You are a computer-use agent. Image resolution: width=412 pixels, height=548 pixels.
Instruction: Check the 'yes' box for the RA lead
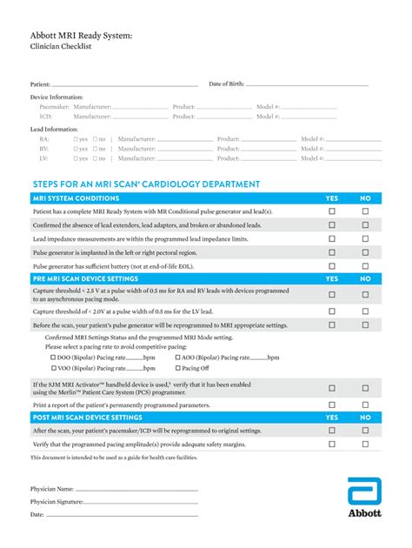(76, 138)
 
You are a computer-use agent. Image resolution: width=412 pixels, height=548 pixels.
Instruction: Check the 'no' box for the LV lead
(95, 158)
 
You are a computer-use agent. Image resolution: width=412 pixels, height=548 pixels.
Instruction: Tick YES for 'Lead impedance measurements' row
(331, 238)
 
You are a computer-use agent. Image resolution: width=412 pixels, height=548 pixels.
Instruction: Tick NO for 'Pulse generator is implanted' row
(365, 251)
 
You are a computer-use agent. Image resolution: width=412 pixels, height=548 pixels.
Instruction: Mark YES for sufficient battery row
(331, 265)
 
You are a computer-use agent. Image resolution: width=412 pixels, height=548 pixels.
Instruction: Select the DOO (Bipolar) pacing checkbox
(52, 358)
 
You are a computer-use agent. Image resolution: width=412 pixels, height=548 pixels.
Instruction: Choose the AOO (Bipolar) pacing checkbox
(178, 358)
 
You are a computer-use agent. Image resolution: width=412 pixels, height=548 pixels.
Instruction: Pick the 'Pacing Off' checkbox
(178, 368)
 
